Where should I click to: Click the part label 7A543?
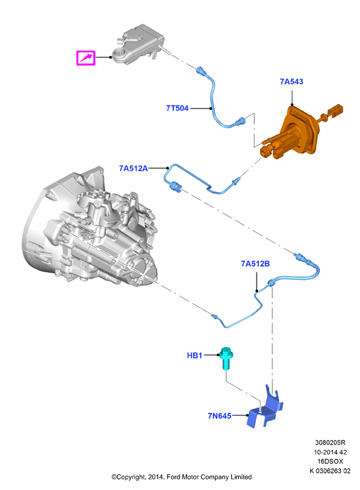[x=292, y=82]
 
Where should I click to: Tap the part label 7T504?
[x=177, y=108]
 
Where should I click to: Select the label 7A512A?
[x=134, y=168]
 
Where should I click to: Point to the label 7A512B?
[x=255, y=263]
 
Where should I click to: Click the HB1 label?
[x=195, y=355]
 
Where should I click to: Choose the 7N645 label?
[x=220, y=416]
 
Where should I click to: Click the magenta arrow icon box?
[x=86, y=58]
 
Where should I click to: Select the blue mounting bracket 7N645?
[x=265, y=409]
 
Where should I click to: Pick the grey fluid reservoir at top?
[x=138, y=43]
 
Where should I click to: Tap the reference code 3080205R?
[x=330, y=443]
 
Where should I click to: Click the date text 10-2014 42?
[x=330, y=452]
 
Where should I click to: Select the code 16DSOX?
[x=330, y=461]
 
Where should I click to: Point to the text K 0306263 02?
[x=330, y=471]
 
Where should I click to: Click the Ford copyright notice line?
[x=182, y=477]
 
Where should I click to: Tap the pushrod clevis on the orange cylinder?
[x=335, y=111]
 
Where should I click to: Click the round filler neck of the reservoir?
[x=119, y=54]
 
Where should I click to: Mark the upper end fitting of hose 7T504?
[x=201, y=70]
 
